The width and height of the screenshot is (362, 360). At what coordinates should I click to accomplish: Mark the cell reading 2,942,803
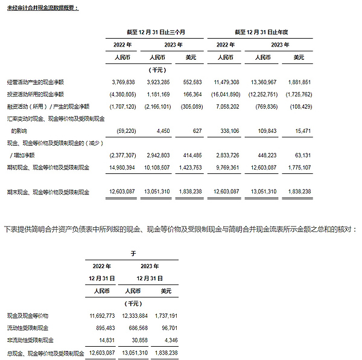pyautogui.click(x=160, y=155)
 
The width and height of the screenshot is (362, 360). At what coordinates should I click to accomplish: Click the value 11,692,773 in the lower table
pyautogui.click(x=102, y=316)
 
